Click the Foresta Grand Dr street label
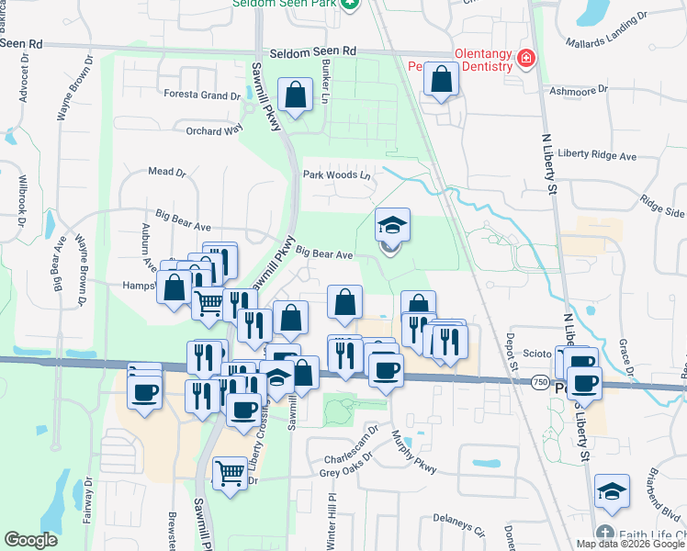(201, 95)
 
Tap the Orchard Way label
(214, 130)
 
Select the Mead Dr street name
(167, 172)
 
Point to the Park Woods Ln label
(338, 174)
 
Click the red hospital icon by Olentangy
(526, 60)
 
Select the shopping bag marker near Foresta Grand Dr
(295, 96)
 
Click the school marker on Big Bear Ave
(392, 225)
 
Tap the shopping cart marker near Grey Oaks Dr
(230, 474)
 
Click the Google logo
(31, 540)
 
